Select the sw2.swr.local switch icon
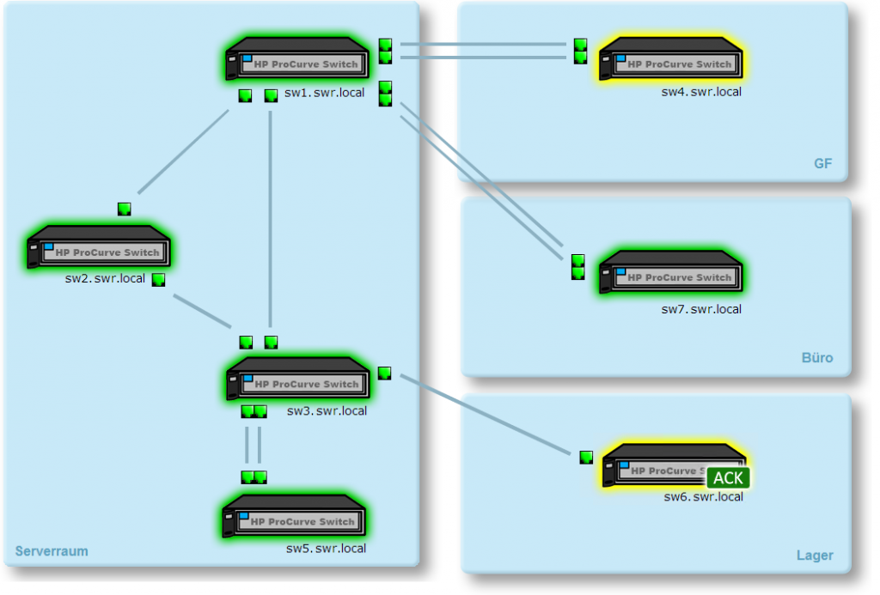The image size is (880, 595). tap(98, 249)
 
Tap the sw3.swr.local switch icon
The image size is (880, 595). tap(297, 380)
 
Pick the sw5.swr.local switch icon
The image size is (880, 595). tap(294, 518)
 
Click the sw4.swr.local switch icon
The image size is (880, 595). tap(671, 61)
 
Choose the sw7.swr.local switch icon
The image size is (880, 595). tap(671, 274)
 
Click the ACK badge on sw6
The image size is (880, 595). tap(729, 478)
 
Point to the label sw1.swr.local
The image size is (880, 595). tap(325, 93)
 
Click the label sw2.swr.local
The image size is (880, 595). tap(105, 279)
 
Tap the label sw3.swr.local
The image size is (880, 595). tap(327, 411)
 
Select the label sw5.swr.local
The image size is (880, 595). tap(326, 549)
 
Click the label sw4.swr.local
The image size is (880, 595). tap(700, 92)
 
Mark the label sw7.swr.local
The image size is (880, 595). tap(700, 309)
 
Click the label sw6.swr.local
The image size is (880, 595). tap(703, 496)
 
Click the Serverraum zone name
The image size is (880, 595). tap(52, 551)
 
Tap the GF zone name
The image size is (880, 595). tap(822, 164)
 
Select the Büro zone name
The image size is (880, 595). tap(816, 358)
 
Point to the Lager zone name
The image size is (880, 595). tap(814, 556)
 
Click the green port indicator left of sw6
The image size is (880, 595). tap(586, 458)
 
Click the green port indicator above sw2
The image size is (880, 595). tap(124, 209)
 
